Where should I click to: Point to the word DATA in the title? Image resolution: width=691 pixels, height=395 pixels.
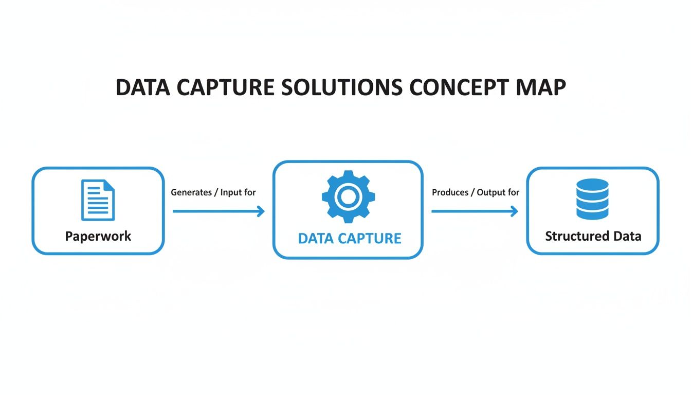coord(142,88)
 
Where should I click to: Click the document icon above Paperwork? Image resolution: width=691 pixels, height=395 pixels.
coord(98,200)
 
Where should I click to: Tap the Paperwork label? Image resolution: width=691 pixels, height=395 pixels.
coord(98,236)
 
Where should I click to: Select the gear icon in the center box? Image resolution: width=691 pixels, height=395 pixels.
coord(348,196)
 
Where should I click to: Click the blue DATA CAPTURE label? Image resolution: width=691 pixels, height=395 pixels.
coord(350,238)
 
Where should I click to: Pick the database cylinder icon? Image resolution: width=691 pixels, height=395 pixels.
coord(592,199)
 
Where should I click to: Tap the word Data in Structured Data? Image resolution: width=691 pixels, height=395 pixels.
coord(627,236)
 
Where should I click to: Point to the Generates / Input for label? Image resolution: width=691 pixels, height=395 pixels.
coord(213,192)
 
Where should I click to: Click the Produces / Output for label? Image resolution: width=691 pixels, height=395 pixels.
coord(476,192)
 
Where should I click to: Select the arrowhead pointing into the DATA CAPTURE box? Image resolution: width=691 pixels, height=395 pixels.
coord(261,211)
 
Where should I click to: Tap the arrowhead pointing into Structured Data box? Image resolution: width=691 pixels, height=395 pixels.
coord(514,211)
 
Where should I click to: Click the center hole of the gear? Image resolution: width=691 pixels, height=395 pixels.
coord(348,196)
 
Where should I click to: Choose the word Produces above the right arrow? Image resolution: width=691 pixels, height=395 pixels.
coord(450,192)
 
